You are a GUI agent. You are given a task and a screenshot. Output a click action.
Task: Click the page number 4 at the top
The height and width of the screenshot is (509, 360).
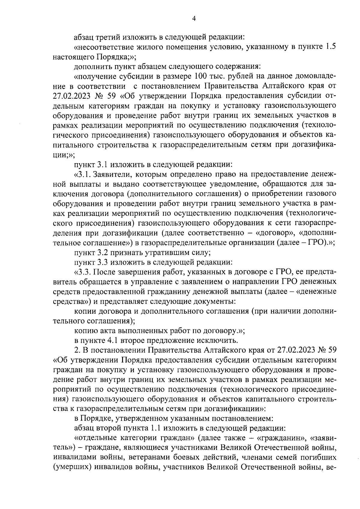pos(194,19)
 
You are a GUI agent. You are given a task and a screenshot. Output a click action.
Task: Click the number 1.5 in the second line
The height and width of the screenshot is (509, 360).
pos(331,47)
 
